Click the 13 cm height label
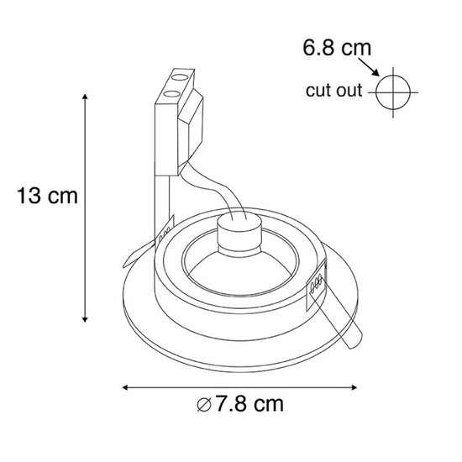[47, 197]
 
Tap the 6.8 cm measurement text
[337, 48]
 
